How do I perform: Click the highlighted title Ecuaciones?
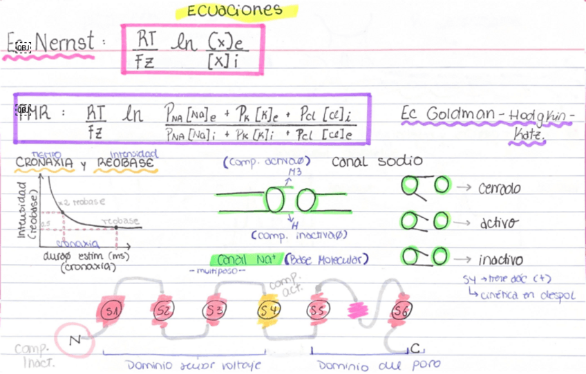(x=234, y=10)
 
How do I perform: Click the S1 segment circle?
(x=111, y=311)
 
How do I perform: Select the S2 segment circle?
(x=163, y=310)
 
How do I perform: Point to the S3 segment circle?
(x=215, y=310)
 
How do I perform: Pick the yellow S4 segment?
(x=269, y=310)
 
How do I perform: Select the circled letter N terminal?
(x=74, y=339)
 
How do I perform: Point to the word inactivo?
(x=500, y=261)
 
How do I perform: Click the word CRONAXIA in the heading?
(x=44, y=164)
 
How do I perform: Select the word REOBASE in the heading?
(x=127, y=164)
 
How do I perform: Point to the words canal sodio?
(x=377, y=162)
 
